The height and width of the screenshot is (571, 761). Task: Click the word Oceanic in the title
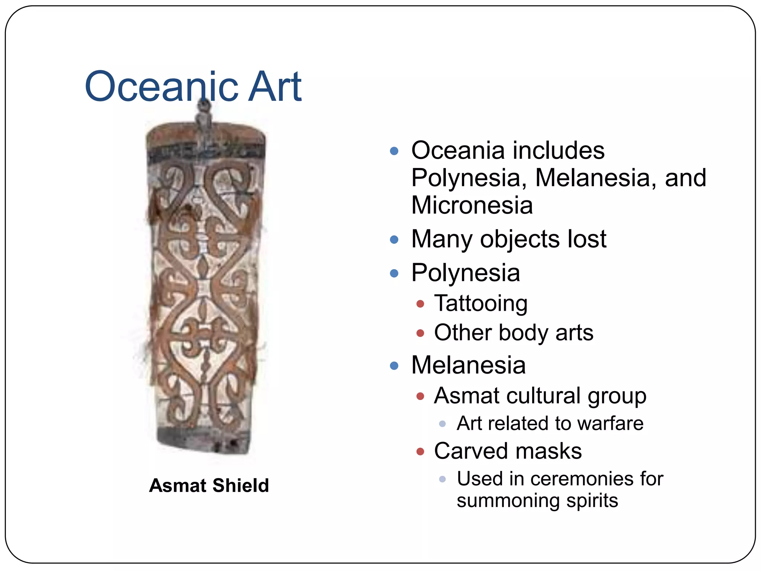coord(163,87)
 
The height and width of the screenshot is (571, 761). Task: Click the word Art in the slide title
coord(275,87)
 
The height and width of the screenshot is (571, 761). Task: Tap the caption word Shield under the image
coord(241,485)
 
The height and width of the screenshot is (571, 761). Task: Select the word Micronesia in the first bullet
coord(472,205)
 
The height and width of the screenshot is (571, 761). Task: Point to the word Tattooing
coord(481,303)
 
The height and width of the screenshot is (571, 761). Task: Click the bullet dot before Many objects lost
coord(394,240)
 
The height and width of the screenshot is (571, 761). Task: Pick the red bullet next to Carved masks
coord(420,452)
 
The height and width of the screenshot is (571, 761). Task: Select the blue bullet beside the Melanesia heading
coord(394,366)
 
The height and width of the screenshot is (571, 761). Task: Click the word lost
coord(587,239)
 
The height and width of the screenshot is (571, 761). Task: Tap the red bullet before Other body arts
coord(420,333)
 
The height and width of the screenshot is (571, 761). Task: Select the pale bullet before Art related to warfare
coord(442,424)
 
